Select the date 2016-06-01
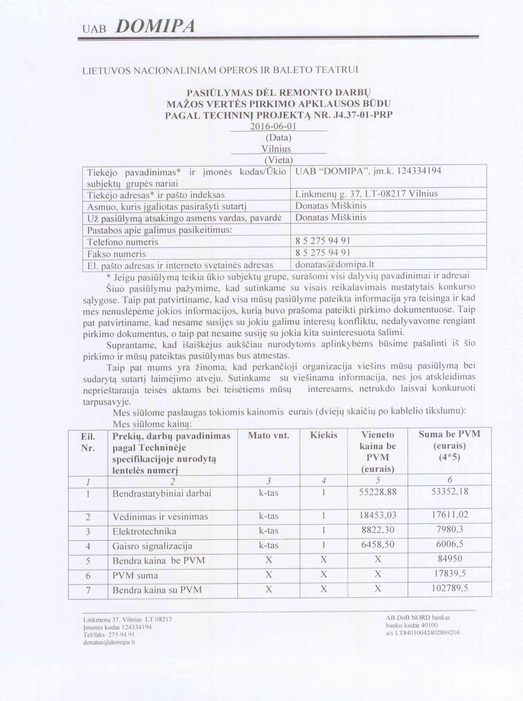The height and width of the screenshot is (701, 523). [273, 126]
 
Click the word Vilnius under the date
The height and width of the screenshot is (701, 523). [276, 149]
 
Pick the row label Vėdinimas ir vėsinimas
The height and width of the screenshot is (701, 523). [160, 517]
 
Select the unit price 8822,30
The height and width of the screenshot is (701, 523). [377, 530]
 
